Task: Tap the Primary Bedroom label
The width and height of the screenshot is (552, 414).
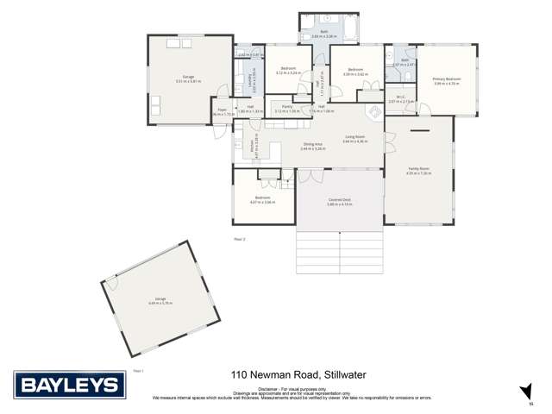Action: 446,80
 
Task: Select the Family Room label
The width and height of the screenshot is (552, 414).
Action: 418,170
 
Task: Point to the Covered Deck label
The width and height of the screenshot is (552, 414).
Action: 339,200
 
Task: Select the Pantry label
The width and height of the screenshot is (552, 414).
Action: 286,108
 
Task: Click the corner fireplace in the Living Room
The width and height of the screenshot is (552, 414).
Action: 373,112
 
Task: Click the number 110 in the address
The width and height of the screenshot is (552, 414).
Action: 241,374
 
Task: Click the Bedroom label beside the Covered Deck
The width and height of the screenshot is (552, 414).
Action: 262,198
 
